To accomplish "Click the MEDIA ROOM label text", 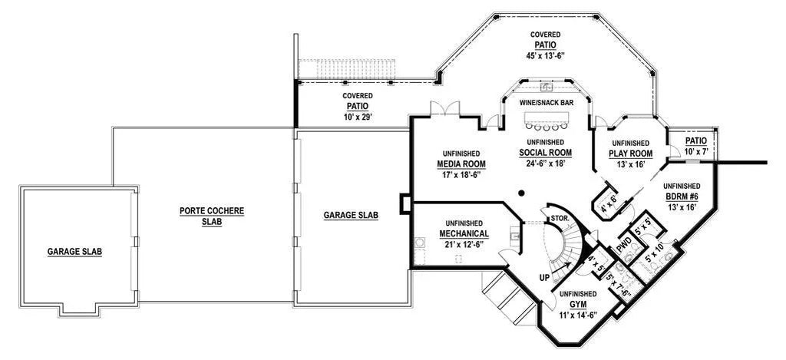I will click(461, 164).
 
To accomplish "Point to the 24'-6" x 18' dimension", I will click(545, 163).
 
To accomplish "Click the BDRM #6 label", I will click(681, 197).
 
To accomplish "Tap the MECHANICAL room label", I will click(464, 233).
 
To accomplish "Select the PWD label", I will click(623, 248).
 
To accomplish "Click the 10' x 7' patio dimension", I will click(695, 152).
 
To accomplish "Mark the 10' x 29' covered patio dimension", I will click(357, 117).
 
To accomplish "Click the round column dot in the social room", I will click(520, 193).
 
